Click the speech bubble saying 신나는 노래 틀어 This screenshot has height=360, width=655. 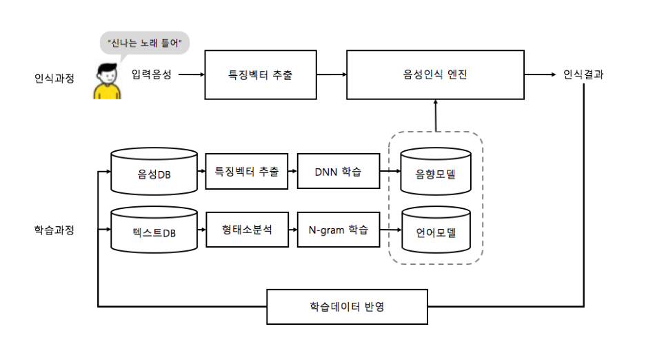pos(144,43)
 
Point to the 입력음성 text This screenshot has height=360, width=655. pos(151,74)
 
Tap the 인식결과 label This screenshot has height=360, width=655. pos(583,74)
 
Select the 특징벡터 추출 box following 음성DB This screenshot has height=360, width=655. pos(246,171)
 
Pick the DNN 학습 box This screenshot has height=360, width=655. pos(339,171)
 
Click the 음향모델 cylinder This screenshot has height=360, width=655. pos(436,172)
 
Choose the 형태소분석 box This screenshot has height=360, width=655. pos(246,230)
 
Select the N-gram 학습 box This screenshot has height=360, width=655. pos(339,230)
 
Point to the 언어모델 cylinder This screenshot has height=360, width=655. pos(436,231)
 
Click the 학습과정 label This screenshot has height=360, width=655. pos(54,230)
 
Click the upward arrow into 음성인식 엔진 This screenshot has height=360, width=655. pos(436,114)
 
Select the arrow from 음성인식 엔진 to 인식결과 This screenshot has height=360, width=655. pos(541,74)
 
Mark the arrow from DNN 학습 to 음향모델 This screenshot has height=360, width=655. pos(390,171)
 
